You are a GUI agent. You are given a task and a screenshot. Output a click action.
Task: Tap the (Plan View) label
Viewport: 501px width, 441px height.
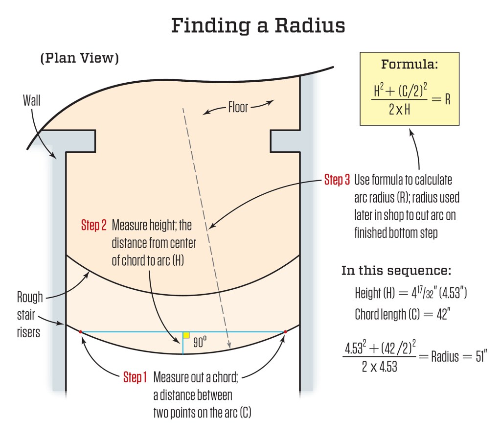[x=79, y=58]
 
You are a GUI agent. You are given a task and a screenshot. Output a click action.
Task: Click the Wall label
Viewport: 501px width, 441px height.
[x=32, y=101]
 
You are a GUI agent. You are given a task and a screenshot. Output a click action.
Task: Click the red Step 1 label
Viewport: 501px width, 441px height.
[x=135, y=377]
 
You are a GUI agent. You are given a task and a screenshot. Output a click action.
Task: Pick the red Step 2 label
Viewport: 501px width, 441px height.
[x=93, y=226]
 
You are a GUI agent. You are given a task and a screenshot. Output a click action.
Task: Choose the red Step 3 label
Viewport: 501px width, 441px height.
[x=337, y=180]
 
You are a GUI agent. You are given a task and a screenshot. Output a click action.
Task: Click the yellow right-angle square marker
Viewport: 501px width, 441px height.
[x=186, y=335]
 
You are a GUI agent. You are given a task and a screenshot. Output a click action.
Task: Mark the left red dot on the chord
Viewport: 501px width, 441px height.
[x=81, y=332]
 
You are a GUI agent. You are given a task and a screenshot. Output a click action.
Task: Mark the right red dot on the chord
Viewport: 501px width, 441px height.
[x=285, y=332]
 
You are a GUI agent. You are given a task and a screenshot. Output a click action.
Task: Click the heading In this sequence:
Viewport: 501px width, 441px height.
[x=396, y=271]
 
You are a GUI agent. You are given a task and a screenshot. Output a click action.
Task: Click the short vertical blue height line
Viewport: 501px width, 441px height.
[x=182, y=343]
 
